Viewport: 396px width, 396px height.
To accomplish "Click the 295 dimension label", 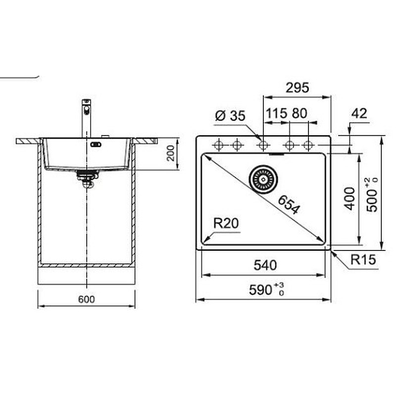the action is point(297,88).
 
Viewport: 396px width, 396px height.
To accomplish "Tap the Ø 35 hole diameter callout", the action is point(230,116).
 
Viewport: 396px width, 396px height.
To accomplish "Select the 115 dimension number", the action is point(276,113).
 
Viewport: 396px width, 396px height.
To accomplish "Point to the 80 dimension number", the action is point(299,113).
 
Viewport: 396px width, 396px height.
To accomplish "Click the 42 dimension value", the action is point(359,113).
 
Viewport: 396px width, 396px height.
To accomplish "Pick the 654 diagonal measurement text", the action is point(289,205).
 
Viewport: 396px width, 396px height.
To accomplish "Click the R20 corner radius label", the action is point(226,223).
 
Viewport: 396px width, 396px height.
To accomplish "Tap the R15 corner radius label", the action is point(363,259).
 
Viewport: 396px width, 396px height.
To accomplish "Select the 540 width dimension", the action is point(265,265).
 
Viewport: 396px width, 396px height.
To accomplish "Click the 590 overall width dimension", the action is point(266,289).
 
